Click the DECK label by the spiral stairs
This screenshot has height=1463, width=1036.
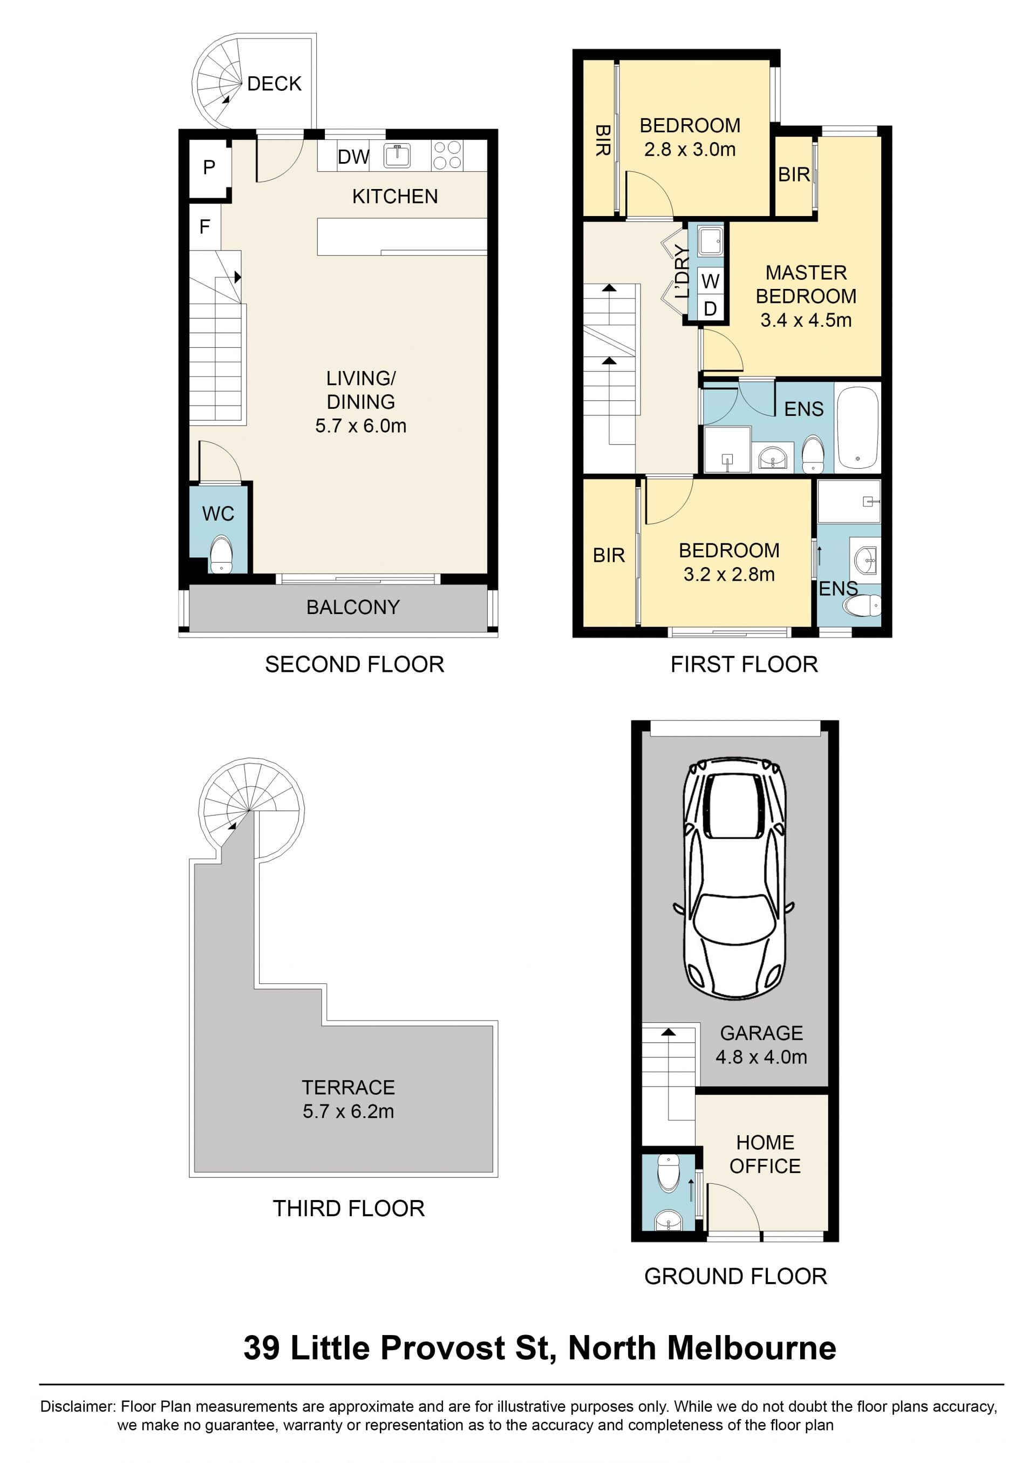click(274, 84)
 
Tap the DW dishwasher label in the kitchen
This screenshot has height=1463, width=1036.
click(353, 157)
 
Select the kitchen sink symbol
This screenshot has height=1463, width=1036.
click(397, 155)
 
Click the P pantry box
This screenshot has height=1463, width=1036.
click(209, 168)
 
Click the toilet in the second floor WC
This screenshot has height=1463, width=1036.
click(221, 555)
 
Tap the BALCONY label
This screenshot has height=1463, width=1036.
click(353, 607)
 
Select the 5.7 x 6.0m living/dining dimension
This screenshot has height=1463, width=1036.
click(360, 426)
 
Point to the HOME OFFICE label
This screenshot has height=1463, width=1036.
click(765, 1154)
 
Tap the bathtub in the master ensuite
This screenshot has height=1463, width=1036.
click(858, 427)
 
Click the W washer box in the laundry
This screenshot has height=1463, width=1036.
click(710, 281)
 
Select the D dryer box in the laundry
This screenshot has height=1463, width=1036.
click(710, 309)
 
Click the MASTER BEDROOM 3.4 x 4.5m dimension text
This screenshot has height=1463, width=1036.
click(806, 320)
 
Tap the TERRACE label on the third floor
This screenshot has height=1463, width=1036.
click(349, 1087)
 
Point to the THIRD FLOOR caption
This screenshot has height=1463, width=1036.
click(349, 1208)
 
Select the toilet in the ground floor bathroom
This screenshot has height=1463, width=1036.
click(668, 1172)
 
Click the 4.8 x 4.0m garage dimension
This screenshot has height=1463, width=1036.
click(761, 1057)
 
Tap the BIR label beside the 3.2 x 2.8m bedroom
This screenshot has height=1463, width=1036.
click(609, 555)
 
